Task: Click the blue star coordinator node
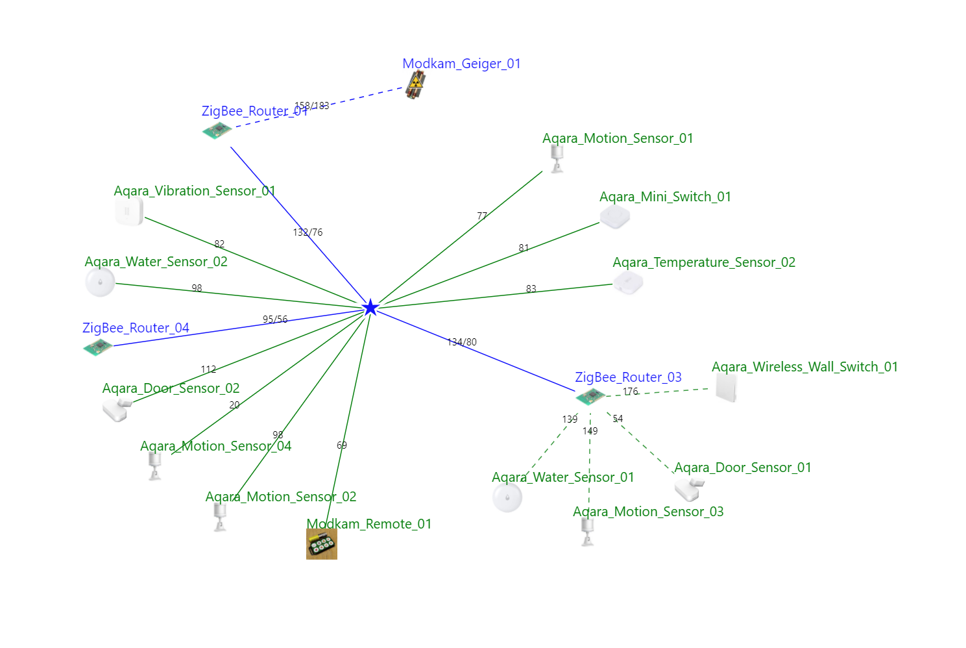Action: pos(370,307)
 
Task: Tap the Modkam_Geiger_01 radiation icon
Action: pos(415,85)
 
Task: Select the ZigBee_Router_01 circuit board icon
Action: pos(217,131)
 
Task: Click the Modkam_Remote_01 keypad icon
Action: pos(322,543)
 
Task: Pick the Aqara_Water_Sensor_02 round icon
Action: pos(100,282)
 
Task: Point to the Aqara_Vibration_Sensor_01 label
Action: pos(195,191)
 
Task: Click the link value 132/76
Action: pos(308,232)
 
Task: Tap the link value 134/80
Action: pos(462,342)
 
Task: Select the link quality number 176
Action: pos(631,392)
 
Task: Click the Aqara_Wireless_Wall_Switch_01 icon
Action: pos(726,388)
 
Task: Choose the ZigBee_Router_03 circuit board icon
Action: pos(590,396)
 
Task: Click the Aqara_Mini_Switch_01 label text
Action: pos(665,197)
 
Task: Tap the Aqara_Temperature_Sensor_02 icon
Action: pos(628,283)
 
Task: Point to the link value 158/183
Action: pos(312,106)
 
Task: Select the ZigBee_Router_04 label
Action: pos(136,328)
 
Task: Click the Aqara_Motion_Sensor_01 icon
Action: pos(557,158)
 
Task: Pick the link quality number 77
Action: pos(482,216)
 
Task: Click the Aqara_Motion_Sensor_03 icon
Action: pos(588,532)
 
